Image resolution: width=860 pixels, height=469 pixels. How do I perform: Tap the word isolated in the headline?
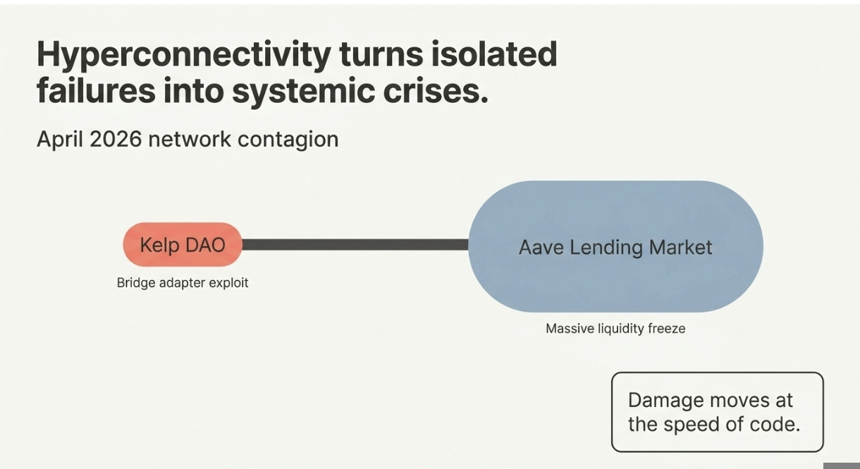pos(494,54)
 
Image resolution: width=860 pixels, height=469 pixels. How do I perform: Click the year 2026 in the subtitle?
pos(116,139)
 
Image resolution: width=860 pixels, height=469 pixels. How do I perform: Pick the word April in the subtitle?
pos(60,140)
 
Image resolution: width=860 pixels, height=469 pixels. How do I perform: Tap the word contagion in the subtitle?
pos(288,140)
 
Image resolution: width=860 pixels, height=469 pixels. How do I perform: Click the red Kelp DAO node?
pos(183,245)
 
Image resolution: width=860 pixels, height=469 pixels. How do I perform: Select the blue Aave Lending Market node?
pos(616,246)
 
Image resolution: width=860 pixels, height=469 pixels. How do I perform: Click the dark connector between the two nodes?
pos(355,245)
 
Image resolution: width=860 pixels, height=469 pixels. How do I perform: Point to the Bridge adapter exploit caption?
pos(183,283)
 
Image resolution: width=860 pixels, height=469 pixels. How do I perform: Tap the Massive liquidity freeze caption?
pos(615,329)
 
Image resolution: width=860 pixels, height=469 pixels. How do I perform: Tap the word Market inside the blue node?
pos(681,248)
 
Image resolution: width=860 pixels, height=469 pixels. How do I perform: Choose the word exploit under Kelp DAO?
pos(228,284)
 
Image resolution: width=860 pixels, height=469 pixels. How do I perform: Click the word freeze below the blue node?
pos(667,329)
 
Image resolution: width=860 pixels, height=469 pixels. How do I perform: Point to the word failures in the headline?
pos(96,92)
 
